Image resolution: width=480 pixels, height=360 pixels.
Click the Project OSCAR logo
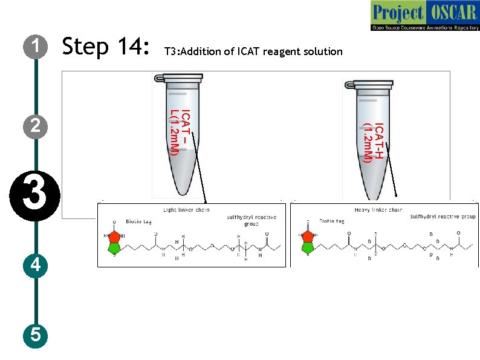tap(424, 16)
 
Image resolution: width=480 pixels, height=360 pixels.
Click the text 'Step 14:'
tap(106, 46)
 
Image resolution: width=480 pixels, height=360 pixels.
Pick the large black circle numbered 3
tap(36, 197)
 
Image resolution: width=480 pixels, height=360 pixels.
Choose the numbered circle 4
tap(36, 265)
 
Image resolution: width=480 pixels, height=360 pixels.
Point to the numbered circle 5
tap(36, 335)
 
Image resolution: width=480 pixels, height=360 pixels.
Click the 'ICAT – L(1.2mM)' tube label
tap(180, 132)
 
